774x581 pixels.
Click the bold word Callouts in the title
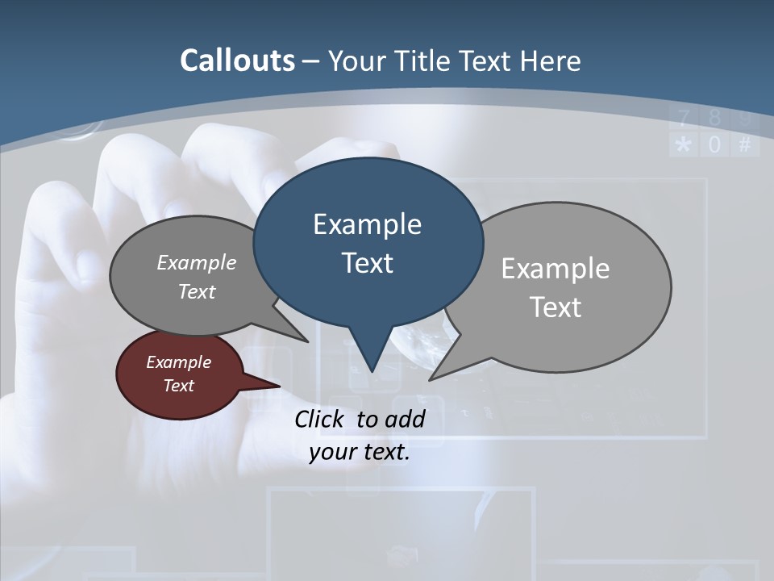[237, 61]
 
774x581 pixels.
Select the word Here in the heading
[550, 61]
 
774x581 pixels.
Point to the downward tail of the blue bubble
[370, 355]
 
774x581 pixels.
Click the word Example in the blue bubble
[367, 224]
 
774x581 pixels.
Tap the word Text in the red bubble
[179, 386]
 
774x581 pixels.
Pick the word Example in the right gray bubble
[555, 269]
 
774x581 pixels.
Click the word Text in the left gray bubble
[197, 292]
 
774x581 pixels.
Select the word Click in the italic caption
[320, 419]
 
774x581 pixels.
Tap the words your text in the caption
[360, 452]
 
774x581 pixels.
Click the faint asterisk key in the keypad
[684, 145]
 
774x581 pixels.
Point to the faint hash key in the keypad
[744, 145]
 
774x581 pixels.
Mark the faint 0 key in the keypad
[714, 145]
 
